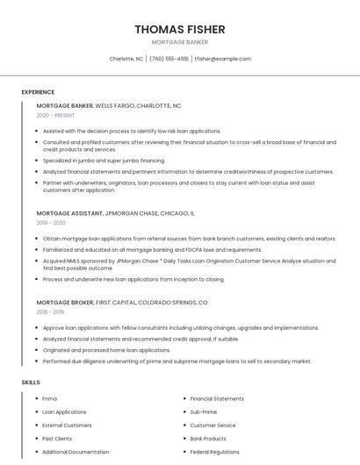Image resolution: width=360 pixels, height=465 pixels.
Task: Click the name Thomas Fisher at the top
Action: (180, 29)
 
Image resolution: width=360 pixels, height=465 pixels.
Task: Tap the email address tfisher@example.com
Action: (222, 59)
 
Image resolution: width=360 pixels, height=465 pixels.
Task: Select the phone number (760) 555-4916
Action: (169, 59)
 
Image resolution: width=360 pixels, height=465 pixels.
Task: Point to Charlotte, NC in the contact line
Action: (126, 59)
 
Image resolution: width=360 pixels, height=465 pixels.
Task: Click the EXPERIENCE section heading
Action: (38, 92)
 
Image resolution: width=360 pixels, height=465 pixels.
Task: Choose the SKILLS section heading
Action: (31, 383)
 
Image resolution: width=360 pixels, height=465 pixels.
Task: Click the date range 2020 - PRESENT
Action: (55, 115)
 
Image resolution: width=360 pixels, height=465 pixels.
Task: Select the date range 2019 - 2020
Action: (52, 223)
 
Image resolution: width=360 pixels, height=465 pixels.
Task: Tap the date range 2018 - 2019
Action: (50, 311)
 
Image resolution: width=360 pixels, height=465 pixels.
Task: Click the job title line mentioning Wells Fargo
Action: (109, 105)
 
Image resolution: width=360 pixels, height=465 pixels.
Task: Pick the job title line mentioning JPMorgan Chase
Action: (116, 213)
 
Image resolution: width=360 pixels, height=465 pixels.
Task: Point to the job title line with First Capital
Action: (122, 302)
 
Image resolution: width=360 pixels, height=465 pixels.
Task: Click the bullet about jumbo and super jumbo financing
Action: (104, 161)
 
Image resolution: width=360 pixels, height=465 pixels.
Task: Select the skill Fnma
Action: (49, 398)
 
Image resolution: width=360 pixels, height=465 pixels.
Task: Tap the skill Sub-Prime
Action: (204, 411)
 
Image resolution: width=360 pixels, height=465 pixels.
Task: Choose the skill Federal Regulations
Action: (214, 452)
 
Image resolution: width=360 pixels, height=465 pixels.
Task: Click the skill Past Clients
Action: (57, 439)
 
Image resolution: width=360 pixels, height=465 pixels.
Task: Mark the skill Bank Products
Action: (208, 439)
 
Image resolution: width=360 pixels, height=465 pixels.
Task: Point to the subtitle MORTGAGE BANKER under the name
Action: (180, 42)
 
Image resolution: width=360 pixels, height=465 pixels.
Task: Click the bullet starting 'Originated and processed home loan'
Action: (106, 350)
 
